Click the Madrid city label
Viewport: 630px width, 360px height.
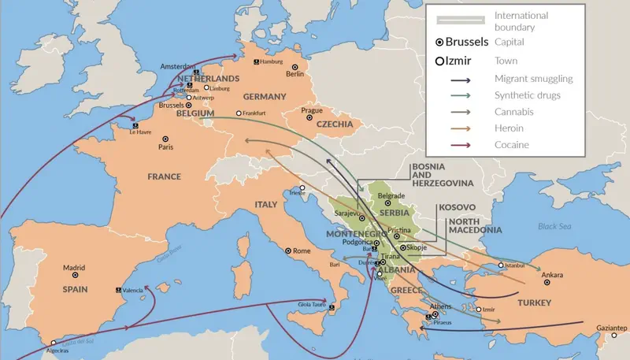(x=73, y=267)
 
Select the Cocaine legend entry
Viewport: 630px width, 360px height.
(x=511, y=145)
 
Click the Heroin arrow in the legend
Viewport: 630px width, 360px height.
(x=471, y=128)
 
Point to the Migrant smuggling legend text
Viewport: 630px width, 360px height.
(x=533, y=79)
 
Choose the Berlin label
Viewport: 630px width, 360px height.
(x=295, y=75)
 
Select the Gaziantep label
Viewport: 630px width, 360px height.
(x=611, y=328)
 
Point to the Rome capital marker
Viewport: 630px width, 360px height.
(x=287, y=251)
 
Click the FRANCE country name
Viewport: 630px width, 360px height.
(x=165, y=176)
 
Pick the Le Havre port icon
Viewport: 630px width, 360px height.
(x=135, y=124)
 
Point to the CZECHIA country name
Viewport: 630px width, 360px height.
(x=334, y=124)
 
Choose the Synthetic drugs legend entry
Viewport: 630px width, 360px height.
(x=529, y=95)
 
